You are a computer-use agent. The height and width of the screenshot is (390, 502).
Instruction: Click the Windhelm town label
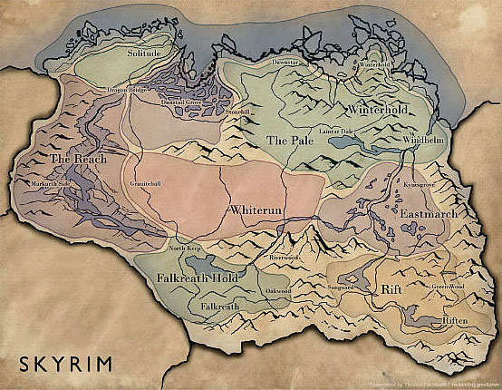423,142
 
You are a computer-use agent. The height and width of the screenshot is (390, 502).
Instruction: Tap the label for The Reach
72,159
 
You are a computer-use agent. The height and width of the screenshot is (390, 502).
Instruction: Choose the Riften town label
454,321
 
